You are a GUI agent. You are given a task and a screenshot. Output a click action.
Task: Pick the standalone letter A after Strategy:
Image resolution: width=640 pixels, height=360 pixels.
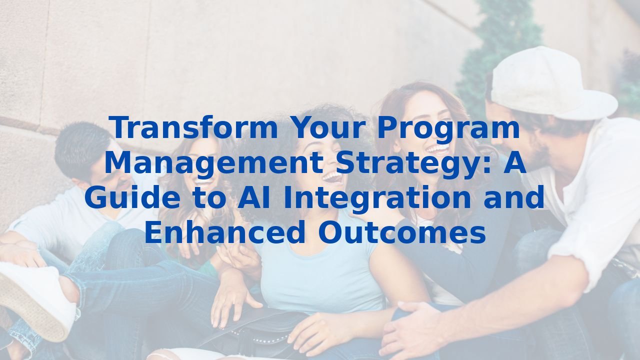point(515,163)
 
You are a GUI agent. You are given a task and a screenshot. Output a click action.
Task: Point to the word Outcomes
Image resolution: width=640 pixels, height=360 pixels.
point(401,233)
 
